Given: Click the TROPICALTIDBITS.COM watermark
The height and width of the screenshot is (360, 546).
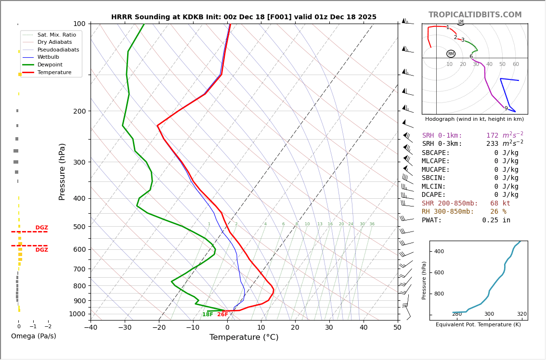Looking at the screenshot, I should tap(475, 15).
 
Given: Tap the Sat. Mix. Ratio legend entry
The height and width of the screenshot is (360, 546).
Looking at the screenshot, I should tap(56, 35).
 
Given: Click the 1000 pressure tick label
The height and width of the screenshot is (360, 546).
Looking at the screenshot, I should tap(77, 314).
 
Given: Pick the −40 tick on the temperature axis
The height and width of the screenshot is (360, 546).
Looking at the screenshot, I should tap(91, 328).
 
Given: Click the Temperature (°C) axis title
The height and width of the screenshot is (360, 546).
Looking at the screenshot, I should tap(244, 337).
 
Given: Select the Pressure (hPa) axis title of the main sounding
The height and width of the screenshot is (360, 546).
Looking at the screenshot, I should tap(62, 171).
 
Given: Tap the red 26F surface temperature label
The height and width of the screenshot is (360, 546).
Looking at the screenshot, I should tap(222, 315).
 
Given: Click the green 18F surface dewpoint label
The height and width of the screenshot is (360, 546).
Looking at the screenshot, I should tap(208, 315).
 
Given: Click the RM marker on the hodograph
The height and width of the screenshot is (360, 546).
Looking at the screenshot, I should tap(451, 54).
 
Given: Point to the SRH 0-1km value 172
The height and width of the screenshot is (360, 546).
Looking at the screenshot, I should tap(492, 136).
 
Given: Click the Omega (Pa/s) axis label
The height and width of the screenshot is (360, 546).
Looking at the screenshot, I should tap(33, 336).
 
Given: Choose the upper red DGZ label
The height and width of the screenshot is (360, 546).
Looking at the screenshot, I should tap(41, 228).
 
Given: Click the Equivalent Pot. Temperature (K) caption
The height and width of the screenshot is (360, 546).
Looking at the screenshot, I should tap(478, 324).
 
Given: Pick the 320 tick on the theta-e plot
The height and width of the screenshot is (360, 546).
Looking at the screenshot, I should tap(522, 314).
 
